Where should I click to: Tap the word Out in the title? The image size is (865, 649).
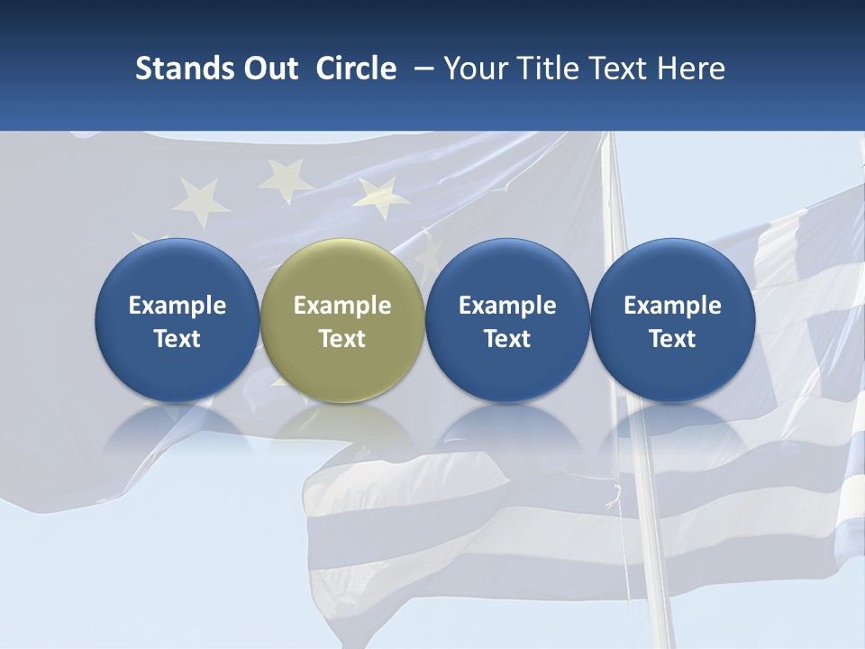269,69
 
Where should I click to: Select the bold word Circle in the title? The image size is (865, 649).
356,69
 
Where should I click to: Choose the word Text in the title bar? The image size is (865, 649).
616,69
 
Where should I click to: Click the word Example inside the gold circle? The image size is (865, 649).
342,306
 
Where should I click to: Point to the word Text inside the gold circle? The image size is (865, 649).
342,339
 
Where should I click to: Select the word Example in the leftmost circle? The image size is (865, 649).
178,306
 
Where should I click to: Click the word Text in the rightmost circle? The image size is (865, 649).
672,339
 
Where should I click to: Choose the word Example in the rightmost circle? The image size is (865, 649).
672,306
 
